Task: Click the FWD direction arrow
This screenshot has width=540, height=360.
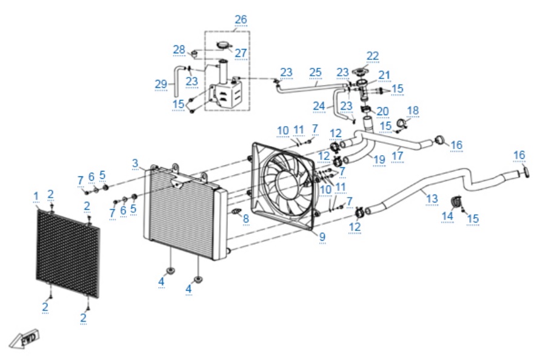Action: click(24, 339)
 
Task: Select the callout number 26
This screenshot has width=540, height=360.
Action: click(241, 19)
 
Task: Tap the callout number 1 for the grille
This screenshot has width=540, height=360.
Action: click(36, 196)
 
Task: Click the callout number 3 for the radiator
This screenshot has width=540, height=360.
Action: click(135, 163)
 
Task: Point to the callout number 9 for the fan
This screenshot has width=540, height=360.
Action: click(322, 237)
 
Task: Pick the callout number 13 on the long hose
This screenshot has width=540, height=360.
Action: click(432, 198)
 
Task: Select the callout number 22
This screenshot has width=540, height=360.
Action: click(373, 56)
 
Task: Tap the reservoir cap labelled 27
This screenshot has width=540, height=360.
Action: click(223, 45)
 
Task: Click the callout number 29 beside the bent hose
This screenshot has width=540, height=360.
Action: click(161, 84)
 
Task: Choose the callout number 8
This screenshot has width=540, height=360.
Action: click(245, 218)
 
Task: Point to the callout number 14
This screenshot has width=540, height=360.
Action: click(447, 216)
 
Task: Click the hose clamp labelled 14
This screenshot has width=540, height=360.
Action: click(456, 202)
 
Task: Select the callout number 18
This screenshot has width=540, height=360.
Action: click(413, 110)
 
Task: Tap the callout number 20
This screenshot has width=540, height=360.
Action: click(382, 112)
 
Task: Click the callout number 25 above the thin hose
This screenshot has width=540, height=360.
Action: click(316, 72)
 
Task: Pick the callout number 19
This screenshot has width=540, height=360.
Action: click(379, 159)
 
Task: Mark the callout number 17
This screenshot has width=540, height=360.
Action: click(397, 156)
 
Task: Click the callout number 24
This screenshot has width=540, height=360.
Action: click(319, 106)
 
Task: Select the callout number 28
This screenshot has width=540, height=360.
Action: click(179, 50)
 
